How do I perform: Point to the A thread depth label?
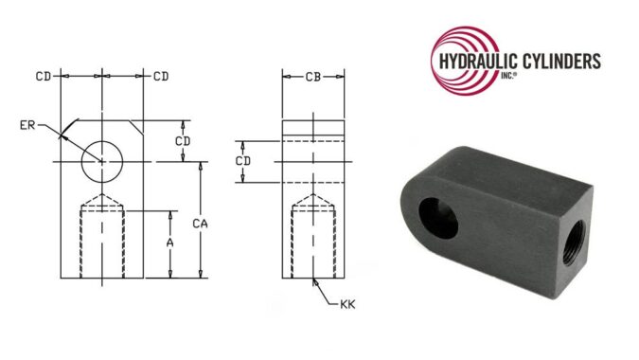point(170,243)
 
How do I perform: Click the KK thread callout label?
point(347,304)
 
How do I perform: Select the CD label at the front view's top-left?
point(44,76)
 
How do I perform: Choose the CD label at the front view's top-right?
point(160,76)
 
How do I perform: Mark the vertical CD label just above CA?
point(188,140)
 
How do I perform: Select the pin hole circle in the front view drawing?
point(103,160)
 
